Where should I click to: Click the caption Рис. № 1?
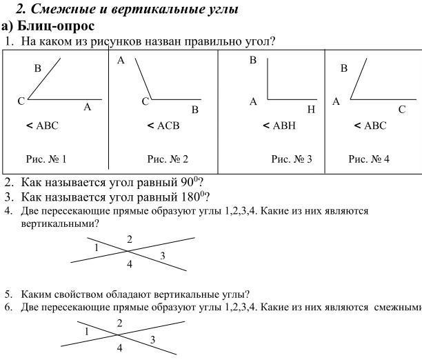coord(46,159)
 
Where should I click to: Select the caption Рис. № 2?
coord(168,159)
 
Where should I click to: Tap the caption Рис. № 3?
coord(292,159)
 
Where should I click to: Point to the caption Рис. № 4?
coord(369,159)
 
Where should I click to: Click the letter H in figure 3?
coord(311,110)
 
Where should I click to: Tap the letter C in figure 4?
coord(401,109)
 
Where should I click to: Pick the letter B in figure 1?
coord(38,68)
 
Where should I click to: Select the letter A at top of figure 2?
coord(121,61)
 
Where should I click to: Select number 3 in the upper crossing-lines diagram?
coord(162,256)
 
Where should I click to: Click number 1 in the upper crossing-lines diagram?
coord(97,247)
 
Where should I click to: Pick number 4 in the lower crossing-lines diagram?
coord(119,348)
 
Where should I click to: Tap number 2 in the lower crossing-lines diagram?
coord(119,323)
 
